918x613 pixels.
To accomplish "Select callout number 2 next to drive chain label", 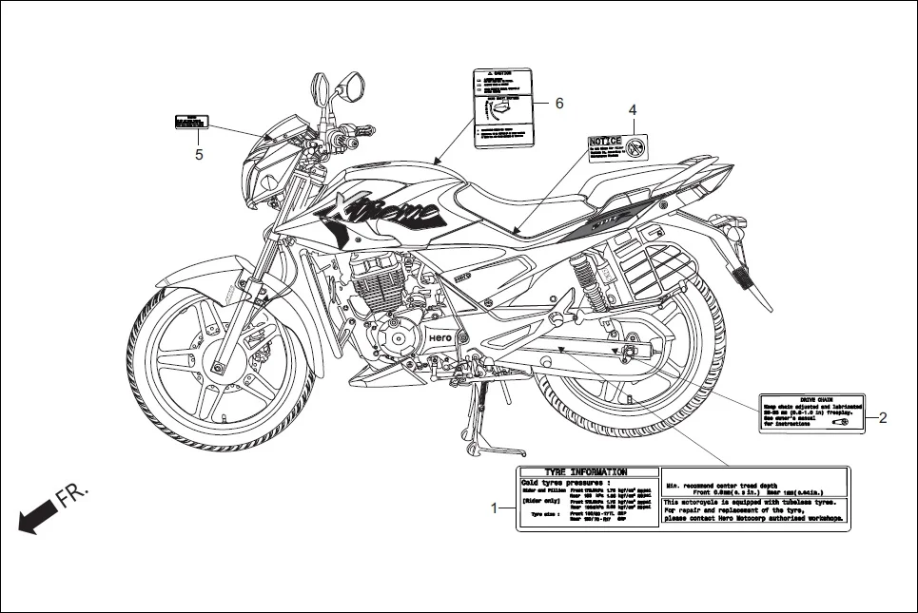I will (x=883, y=417).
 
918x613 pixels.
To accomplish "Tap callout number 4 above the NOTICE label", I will (x=633, y=110).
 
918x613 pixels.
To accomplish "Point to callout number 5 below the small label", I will (x=199, y=155).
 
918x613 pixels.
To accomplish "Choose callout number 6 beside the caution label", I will (x=559, y=103).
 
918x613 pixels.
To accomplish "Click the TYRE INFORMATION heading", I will (x=585, y=472).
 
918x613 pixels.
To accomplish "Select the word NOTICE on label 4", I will (x=605, y=142).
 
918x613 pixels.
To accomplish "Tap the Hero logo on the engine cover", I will (x=439, y=337).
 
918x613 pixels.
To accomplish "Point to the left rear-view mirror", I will (x=323, y=88).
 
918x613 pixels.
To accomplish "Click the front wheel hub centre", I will (x=222, y=367).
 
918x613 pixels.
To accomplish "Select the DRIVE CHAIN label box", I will (x=811, y=413).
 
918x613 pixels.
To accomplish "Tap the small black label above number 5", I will (x=190, y=123).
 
